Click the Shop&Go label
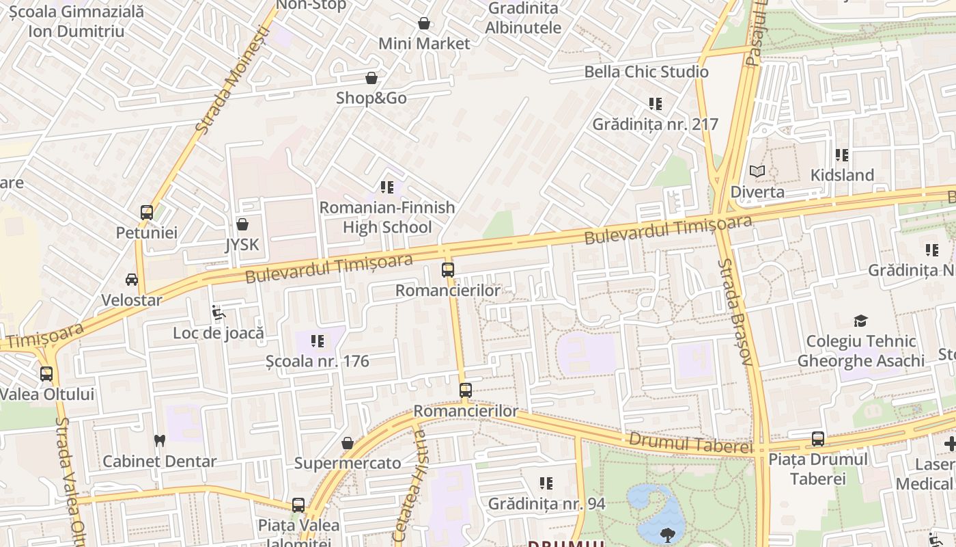click(x=371, y=98)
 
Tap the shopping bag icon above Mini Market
click(x=424, y=24)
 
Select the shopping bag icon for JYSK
click(x=242, y=224)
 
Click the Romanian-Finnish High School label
click(x=387, y=217)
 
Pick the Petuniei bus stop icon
click(x=146, y=213)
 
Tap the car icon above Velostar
click(x=131, y=280)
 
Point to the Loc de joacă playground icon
click(x=219, y=312)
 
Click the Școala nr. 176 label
click(x=318, y=361)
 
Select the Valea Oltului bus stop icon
click(x=46, y=374)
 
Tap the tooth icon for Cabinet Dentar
click(x=160, y=441)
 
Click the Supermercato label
click(x=348, y=464)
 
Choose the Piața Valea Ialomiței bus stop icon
click(x=298, y=505)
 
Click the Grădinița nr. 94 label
click(x=546, y=504)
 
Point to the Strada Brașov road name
click(x=735, y=312)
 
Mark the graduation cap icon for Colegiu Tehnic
click(x=860, y=321)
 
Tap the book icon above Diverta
click(x=757, y=172)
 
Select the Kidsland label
click(x=842, y=175)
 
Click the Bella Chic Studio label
click(x=646, y=72)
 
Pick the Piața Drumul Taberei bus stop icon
click(x=817, y=439)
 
